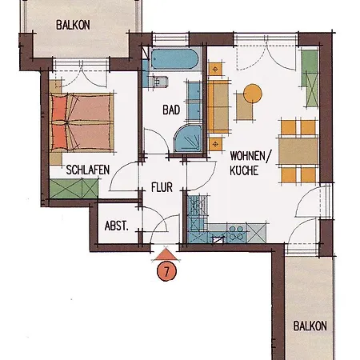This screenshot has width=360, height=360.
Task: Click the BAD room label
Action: click(x=171, y=110)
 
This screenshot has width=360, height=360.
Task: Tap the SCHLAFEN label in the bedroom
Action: click(x=88, y=170)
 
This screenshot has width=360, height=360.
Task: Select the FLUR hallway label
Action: click(x=162, y=187)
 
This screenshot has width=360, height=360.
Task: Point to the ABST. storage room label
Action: click(x=117, y=226)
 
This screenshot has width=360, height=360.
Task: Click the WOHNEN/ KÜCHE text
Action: click(x=250, y=163)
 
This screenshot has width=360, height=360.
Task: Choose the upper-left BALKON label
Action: click(x=73, y=25)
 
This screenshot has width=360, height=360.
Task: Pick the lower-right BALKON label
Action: click(x=310, y=326)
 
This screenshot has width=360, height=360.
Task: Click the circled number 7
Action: click(x=166, y=271)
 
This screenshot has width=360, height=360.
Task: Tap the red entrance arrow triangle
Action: click(x=166, y=254)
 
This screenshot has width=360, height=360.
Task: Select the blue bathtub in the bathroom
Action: click(x=175, y=59)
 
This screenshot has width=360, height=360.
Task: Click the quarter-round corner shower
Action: click(x=187, y=138)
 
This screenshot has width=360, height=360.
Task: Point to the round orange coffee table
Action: click(x=253, y=94)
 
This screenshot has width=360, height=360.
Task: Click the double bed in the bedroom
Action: click(x=82, y=122)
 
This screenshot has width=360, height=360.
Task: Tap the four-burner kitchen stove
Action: click(x=236, y=233)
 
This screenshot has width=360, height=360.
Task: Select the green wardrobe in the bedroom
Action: click(x=74, y=189)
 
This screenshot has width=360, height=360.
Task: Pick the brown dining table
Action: click(x=298, y=151)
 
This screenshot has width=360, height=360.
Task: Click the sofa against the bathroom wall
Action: click(x=218, y=106)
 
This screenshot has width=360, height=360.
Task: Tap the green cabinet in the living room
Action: click(x=310, y=78)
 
